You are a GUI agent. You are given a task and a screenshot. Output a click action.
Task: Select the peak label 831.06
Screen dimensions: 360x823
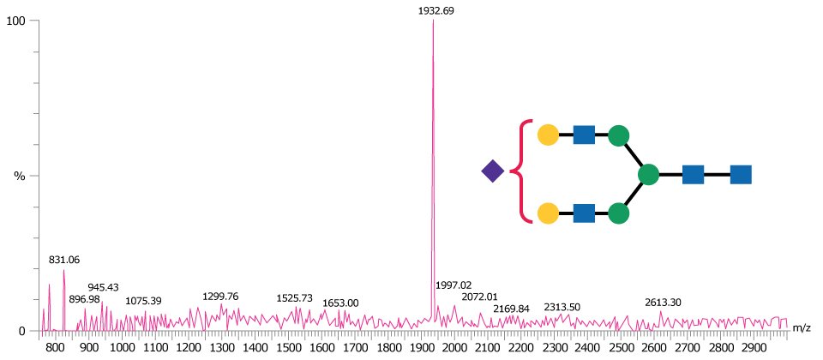point(64,260)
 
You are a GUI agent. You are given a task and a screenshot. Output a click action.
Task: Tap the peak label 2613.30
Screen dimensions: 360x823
point(663,303)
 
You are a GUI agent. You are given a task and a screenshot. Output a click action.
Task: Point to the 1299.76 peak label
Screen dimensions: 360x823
point(220,297)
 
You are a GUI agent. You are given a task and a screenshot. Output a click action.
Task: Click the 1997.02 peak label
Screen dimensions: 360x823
point(454,285)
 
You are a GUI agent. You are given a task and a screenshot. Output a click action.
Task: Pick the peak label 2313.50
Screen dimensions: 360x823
point(562,307)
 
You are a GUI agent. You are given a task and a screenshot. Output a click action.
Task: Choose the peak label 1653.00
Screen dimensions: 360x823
point(340,303)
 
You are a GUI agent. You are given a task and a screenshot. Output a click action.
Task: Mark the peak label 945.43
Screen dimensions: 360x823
point(103,287)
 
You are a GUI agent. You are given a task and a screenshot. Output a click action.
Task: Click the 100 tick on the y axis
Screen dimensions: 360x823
point(15,20)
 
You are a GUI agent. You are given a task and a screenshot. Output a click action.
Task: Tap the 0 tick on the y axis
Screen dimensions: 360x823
point(22,331)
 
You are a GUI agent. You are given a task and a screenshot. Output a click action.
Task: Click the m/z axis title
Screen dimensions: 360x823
point(802,328)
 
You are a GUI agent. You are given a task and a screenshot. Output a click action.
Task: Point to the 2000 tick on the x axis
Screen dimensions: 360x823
point(454,349)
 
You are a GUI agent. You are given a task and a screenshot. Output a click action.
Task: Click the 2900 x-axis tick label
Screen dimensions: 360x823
point(754,349)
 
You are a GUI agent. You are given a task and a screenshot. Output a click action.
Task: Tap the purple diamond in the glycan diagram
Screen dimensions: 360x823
point(492,171)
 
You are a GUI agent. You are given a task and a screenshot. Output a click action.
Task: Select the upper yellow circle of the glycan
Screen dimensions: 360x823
point(548,135)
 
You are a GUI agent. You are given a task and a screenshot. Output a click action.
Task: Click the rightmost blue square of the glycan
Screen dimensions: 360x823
point(741,175)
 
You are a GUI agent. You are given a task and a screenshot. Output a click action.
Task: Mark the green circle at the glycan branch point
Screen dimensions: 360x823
point(648,175)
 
